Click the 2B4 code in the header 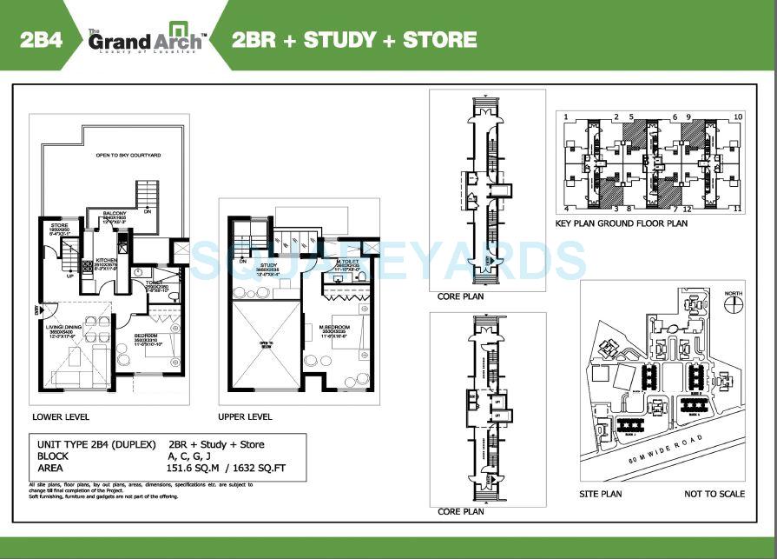pyautogui.click(x=42, y=39)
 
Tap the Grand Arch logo pyautogui.click(x=146, y=39)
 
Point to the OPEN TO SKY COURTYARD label pyautogui.click(x=128, y=156)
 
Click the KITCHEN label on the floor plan pyautogui.click(x=106, y=258)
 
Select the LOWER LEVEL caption pyautogui.click(x=60, y=417)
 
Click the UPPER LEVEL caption pyautogui.click(x=245, y=417)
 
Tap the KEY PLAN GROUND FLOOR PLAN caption pyautogui.click(x=621, y=223)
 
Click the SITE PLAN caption pyautogui.click(x=601, y=494)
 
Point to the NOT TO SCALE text pyautogui.click(x=714, y=494)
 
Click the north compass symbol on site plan pyautogui.click(x=734, y=304)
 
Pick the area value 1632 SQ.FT pyautogui.click(x=257, y=468)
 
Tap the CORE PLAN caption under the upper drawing pyautogui.click(x=461, y=296)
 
